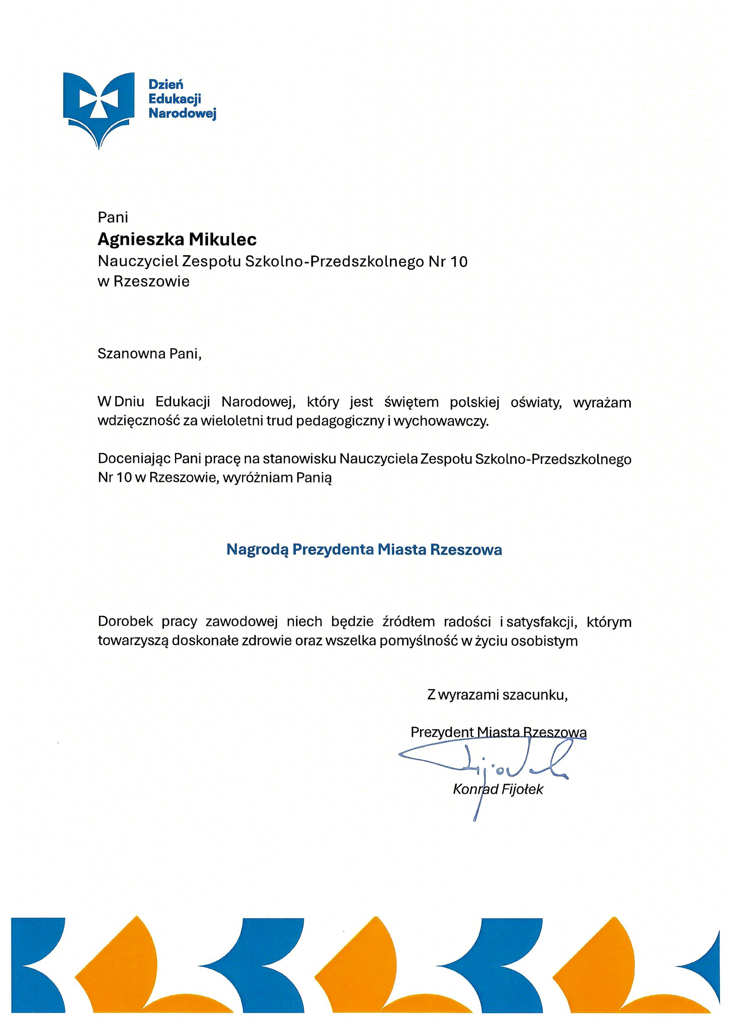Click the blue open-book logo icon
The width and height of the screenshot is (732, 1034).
click(x=99, y=108)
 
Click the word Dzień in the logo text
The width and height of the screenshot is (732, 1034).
click(x=166, y=84)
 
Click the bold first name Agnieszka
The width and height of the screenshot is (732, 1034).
click(x=140, y=240)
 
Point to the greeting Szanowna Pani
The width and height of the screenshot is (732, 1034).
click(x=149, y=354)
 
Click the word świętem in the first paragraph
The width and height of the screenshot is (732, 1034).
click(x=411, y=402)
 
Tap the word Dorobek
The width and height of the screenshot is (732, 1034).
click(x=125, y=622)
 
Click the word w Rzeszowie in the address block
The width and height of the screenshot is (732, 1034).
click(x=144, y=281)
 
